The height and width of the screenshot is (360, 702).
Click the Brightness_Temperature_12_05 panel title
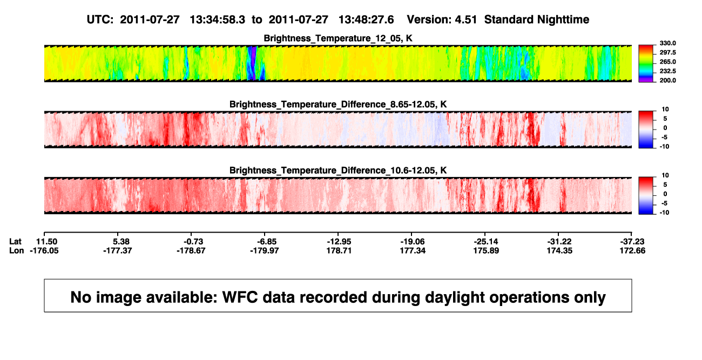point(338,38)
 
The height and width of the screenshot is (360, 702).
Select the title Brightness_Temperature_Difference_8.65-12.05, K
point(338,104)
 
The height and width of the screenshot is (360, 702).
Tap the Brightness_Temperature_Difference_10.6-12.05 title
point(338,171)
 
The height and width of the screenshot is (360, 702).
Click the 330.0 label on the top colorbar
point(667,43)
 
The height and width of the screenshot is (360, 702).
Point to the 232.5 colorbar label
point(667,71)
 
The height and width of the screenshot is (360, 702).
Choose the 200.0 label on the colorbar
point(667,80)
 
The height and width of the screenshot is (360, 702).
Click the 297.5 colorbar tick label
point(667,52)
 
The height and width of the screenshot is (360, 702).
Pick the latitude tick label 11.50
point(46,242)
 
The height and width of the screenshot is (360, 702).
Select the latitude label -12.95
point(339,242)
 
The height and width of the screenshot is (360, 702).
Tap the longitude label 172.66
point(632,250)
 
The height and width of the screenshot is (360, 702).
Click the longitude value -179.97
point(265,250)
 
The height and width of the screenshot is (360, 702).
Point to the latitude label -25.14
point(486,242)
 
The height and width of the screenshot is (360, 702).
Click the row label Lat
point(15,242)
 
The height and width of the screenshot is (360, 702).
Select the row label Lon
point(17,250)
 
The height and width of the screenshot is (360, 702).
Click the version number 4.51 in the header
point(466,19)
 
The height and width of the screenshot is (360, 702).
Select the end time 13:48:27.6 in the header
point(366,19)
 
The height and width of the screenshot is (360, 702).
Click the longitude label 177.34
point(413,250)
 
